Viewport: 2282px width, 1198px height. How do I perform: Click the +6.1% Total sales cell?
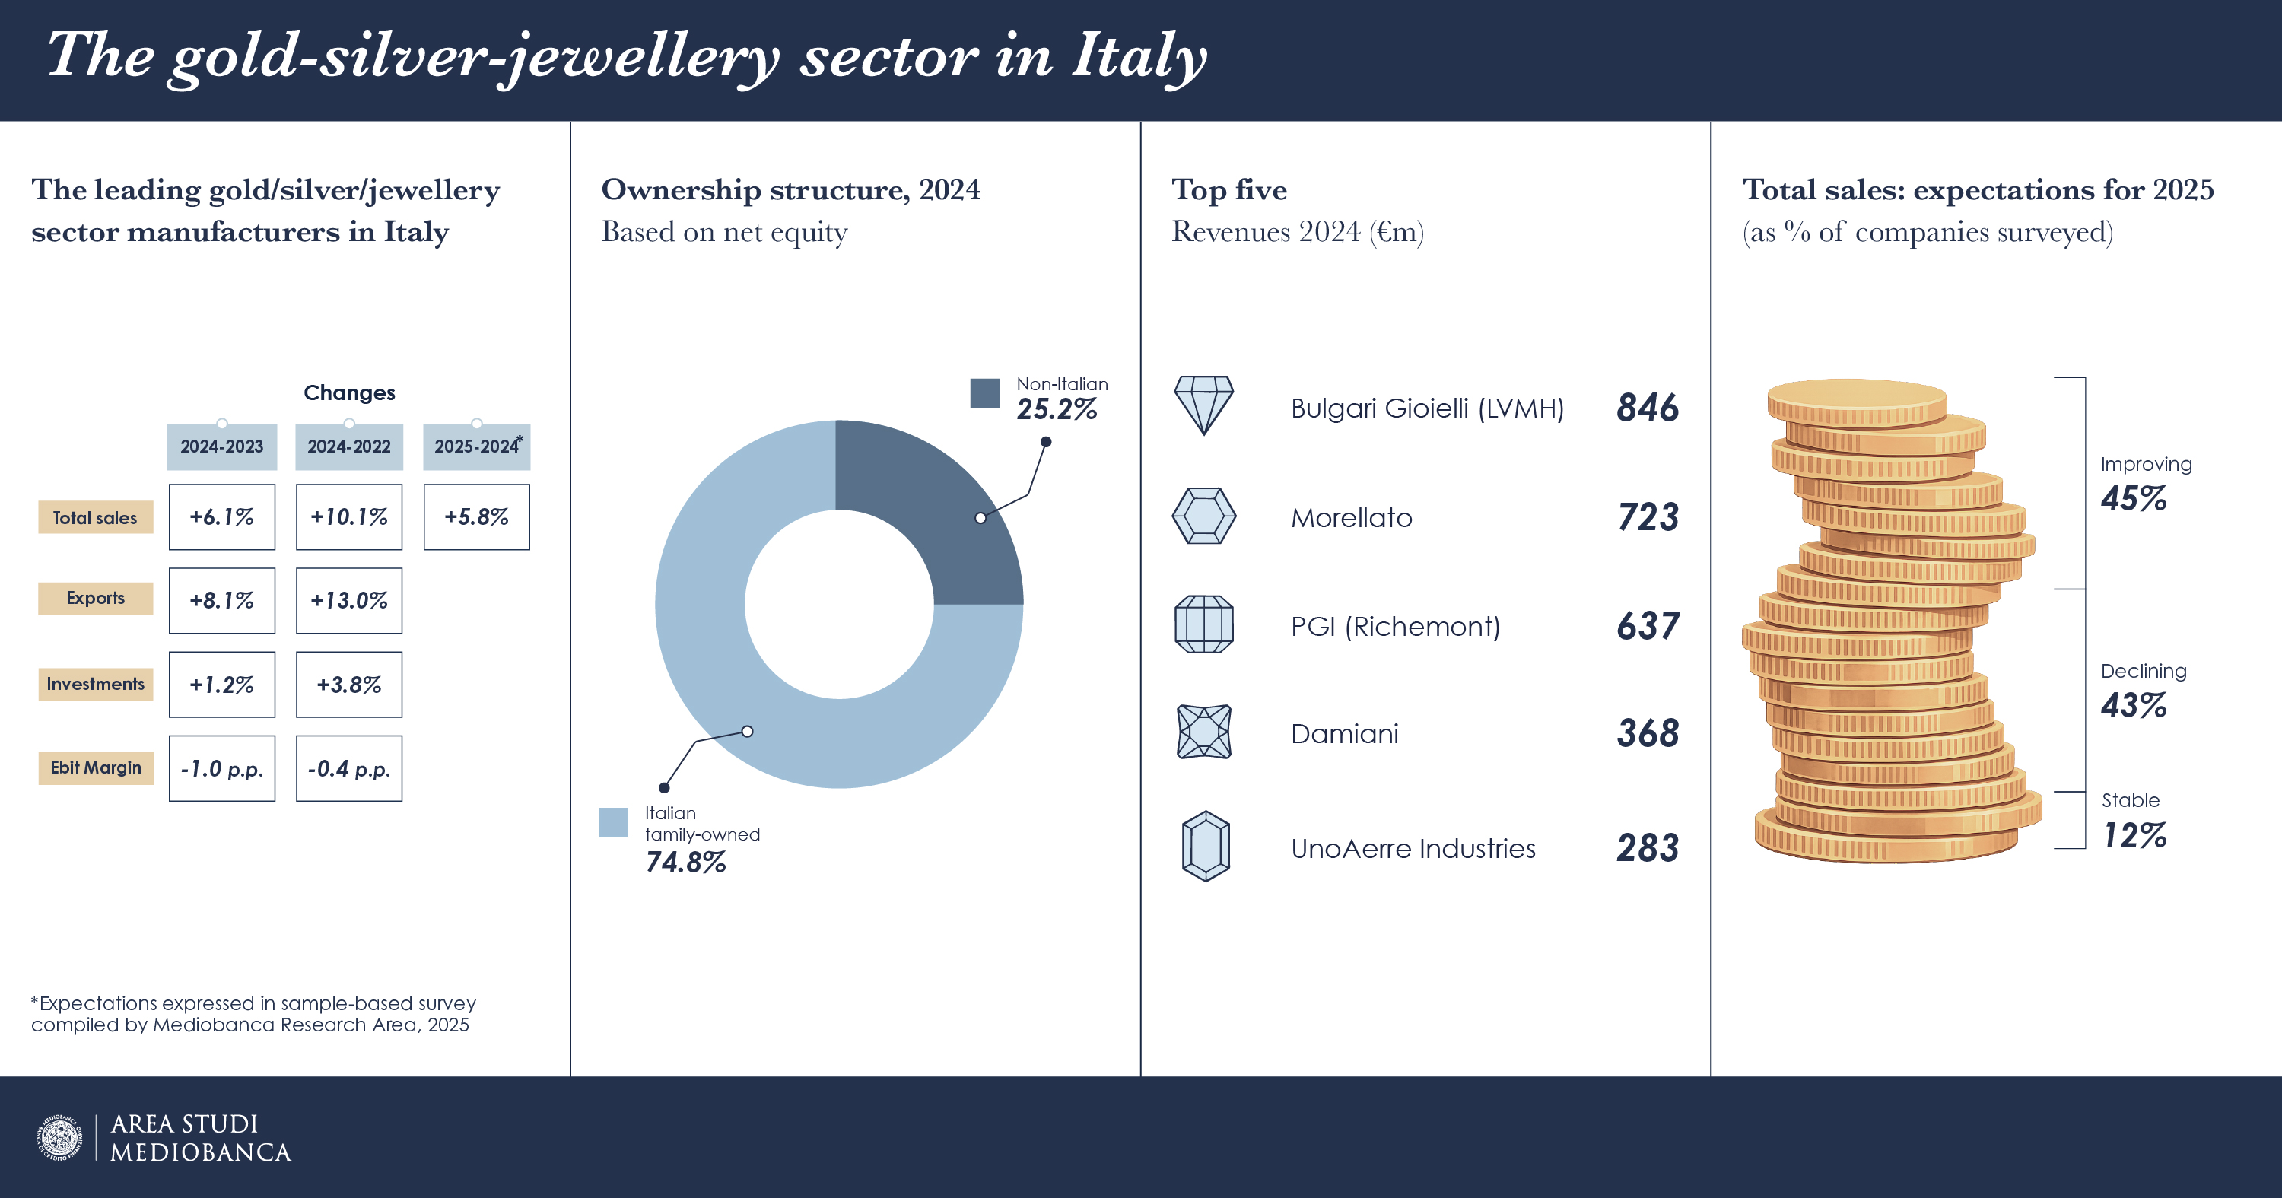coord(221,516)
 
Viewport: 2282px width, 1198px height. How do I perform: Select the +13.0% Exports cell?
coord(348,601)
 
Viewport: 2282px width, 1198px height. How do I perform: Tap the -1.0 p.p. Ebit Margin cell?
coord(221,768)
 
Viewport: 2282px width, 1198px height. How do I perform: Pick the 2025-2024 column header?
coord(477,446)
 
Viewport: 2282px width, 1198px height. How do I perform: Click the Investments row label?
coord(96,684)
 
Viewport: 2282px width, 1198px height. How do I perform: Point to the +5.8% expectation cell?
coord(477,516)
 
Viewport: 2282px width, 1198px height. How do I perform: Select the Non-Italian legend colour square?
coord(984,393)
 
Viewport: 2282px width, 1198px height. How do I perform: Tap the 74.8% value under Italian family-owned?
coord(685,862)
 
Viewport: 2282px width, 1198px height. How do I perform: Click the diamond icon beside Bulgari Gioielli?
coord(1203,405)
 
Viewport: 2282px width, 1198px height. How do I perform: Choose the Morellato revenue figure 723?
coord(1648,517)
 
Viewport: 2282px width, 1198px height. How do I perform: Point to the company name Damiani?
coord(1344,734)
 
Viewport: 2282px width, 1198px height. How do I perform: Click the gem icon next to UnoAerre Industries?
coord(1205,847)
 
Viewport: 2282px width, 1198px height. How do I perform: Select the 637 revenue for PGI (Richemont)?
coord(1648,627)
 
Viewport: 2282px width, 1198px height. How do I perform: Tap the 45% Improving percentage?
coord(2133,499)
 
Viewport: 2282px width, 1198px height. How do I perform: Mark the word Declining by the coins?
coord(2143,671)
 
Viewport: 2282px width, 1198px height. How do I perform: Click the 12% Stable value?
coord(2135,834)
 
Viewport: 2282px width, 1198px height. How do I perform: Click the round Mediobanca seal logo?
coord(59,1138)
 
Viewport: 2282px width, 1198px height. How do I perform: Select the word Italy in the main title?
coord(1139,57)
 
